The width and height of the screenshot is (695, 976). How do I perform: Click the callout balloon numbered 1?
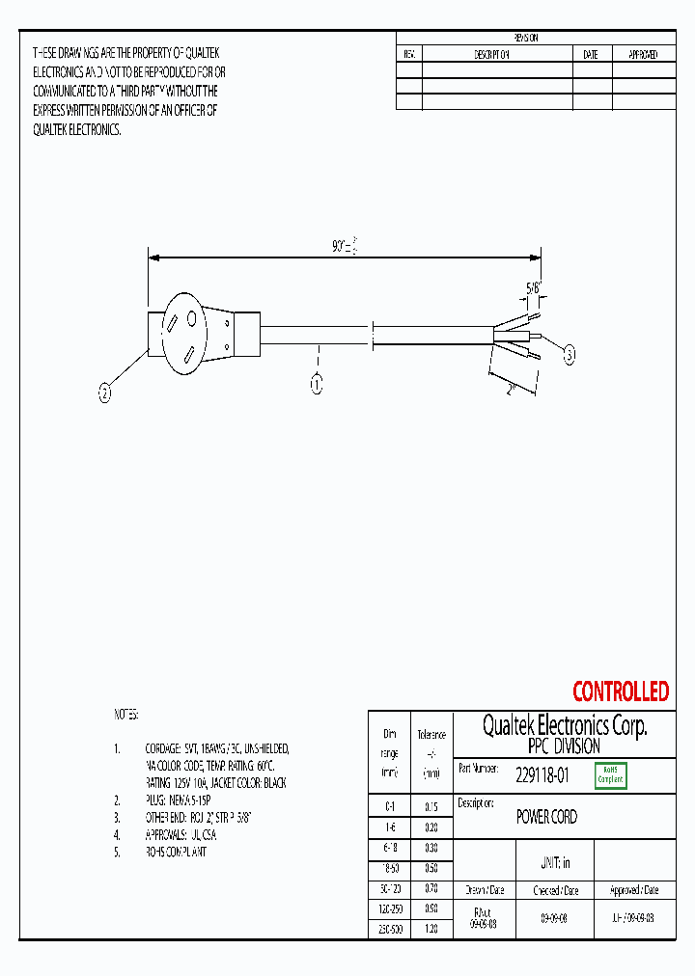pyautogui.click(x=316, y=384)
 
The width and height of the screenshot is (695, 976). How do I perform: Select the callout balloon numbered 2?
pyautogui.click(x=105, y=392)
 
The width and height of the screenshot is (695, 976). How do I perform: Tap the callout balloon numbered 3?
pyautogui.click(x=570, y=355)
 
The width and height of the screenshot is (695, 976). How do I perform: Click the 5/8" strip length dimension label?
pyautogui.click(x=533, y=286)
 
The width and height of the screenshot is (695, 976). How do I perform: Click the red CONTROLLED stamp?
pyautogui.click(x=620, y=691)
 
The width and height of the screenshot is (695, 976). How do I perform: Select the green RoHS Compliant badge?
pyautogui.click(x=611, y=774)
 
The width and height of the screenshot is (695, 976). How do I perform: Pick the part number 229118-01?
pyautogui.click(x=542, y=773)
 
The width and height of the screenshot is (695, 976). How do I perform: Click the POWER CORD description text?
pyautogui.click(x=546, y=817)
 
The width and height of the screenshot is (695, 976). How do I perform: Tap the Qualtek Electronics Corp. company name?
pyautogui.click(x=564, y=725)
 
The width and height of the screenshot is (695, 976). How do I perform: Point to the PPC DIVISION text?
pyautogui.click(x=564, y=746)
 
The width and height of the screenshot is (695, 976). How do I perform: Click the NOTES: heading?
pyautogui.click(x=127, y=715)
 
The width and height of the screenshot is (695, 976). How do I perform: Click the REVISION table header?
pyautogui.click(x=526, y=38)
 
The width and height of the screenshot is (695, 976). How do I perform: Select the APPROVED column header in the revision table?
pyautogui.click(x=643, y=55)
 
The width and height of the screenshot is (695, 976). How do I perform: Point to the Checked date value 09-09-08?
pyautogui.click(x=554, y=919)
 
